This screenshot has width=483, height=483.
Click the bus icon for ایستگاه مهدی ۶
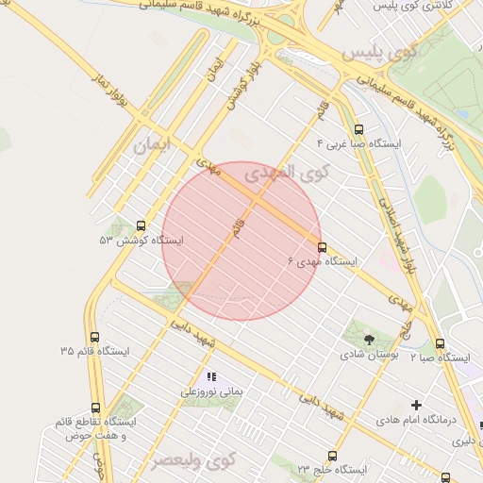coord(323,247)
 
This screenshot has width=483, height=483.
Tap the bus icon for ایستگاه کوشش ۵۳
coord(142,225)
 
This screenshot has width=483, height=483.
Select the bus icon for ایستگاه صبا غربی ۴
coord(358,129)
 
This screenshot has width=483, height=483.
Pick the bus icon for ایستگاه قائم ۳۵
coord(93,337)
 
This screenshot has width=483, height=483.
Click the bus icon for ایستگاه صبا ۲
coord(440,344)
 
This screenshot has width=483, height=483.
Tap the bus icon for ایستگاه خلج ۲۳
coord(331,455)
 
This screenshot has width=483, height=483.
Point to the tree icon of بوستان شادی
coord(368,340)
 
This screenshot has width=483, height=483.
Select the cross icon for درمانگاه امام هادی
coord(416,405)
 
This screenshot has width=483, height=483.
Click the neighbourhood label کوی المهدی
coord(287,173)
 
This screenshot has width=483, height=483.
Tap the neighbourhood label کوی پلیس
coord(379,54)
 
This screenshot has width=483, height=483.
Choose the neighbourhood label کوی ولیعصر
coord(192,460)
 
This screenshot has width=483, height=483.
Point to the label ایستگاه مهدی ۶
coord(321,262)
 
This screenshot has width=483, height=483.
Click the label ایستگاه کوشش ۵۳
coord(142,241)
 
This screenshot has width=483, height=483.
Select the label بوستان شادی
coord(368,356)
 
